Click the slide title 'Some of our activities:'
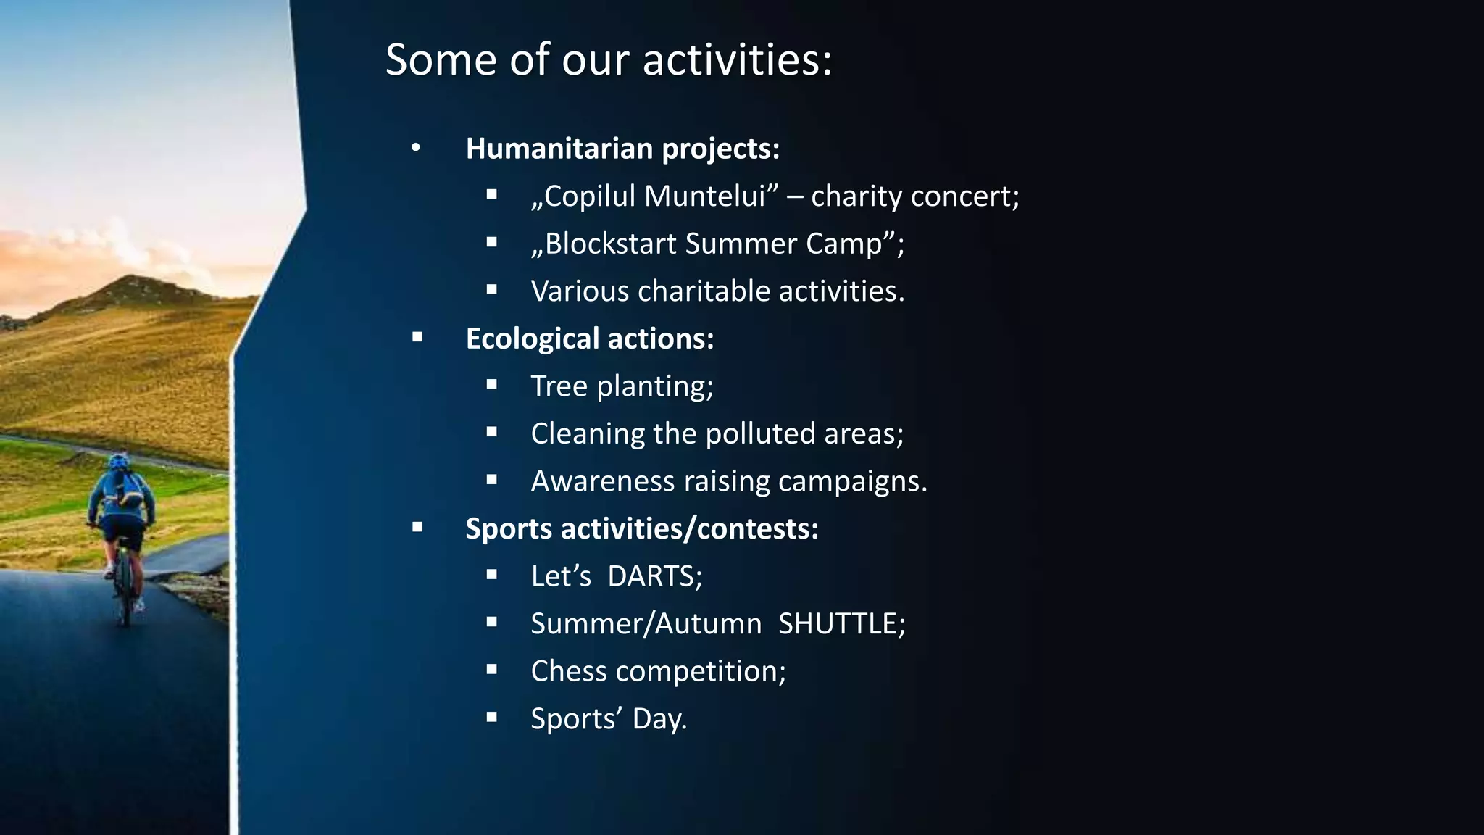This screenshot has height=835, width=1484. (x=609, y=59)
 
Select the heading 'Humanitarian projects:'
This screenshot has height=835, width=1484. (x=622, y=149)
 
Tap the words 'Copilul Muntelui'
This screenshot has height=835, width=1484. (x=654, y=196)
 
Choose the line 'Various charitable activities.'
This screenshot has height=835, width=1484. (x=717, y=291)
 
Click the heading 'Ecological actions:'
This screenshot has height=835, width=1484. (x=589, y=338)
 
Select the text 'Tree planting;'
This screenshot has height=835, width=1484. (x=622, y=386)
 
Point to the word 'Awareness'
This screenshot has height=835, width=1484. (x=602, y=481)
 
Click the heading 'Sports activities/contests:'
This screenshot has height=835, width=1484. (x=641, y=528)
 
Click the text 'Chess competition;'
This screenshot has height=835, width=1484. (x=658, y=671)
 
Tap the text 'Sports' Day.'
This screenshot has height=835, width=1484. (x=608, y=719)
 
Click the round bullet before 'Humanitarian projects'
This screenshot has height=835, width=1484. (x=415, y=149)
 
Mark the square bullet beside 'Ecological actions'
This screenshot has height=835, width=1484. (x=417, y=337)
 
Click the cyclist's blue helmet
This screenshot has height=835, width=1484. (x=119, y=461)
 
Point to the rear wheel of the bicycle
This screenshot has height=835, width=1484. (x=125, y=598)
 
